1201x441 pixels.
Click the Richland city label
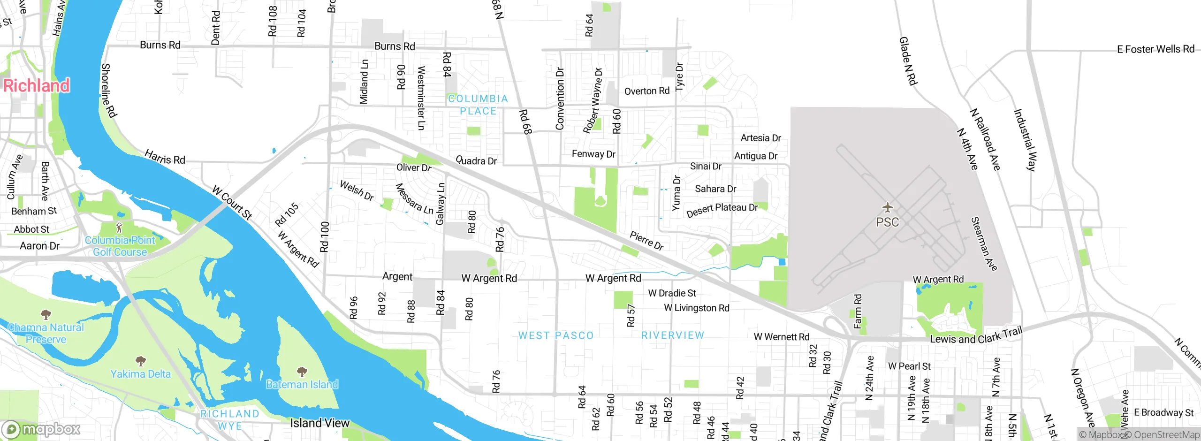click(x=37, y=86)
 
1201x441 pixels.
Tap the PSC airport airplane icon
click(x=887, y=207)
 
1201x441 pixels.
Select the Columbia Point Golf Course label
click(x=120, y=246)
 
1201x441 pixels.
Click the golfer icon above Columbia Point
click(x=119, y=228)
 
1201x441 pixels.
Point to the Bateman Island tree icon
click(x=302, y=372)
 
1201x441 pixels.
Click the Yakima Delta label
click(x=140, y=374)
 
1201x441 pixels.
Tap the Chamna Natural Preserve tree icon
click(x=46, y=314)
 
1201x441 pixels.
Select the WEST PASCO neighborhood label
click(x=556, y=335)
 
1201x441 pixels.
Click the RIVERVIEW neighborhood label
click(x=673, y=335)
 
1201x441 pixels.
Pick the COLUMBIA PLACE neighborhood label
click(x=478, y=105)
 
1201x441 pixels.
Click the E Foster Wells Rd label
click(x=1155, y=49)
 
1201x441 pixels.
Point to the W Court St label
click(x=232, y=203)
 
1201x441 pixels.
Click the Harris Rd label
click(x=165, y=157)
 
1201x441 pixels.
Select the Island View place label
click(x=319, y=423)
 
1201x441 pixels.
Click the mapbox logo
click(x=41, y=429)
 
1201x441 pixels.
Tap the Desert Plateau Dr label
click(x=722, y=210)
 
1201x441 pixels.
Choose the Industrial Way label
click(x=1025, y=140)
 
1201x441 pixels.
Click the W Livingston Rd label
click(x=696, y=308)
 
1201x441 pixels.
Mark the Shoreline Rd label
click(x=108, y=90)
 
